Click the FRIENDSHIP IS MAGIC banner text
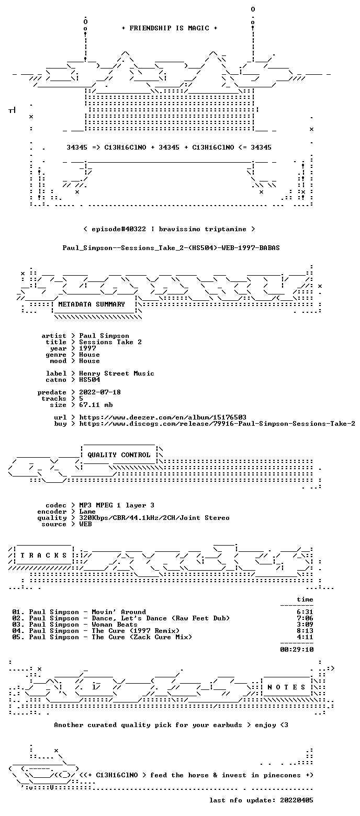170,28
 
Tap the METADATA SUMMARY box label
92,304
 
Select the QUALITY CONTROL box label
119,455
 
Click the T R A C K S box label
44,556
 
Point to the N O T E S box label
286,687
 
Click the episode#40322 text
119,229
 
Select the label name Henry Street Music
117,374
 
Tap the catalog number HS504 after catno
89,380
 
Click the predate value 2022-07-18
100,392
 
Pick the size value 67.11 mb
96,405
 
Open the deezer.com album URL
163,417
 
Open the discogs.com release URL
217,424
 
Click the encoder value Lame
87,512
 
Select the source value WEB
85,524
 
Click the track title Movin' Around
119,612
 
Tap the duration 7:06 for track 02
305,619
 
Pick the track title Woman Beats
115,625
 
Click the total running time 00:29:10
297,650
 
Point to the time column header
305,599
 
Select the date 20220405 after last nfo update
297,800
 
